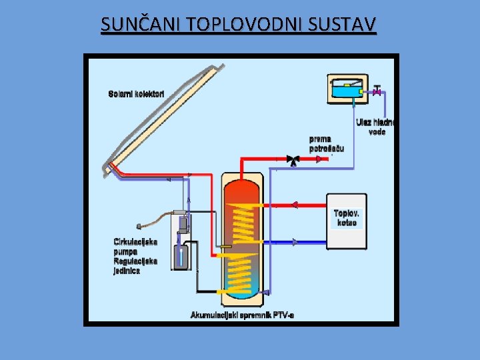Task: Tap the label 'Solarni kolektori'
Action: pos(136,93)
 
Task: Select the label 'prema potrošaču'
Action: pos(327,143)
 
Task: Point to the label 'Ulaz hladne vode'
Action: pos(376,127)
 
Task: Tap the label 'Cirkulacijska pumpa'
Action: pos(135,247)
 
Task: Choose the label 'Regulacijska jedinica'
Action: pos(135,266)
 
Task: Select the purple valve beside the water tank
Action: pos(377,91)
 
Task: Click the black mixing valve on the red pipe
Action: pos(292,160)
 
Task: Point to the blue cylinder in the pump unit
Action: pos(181,256)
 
